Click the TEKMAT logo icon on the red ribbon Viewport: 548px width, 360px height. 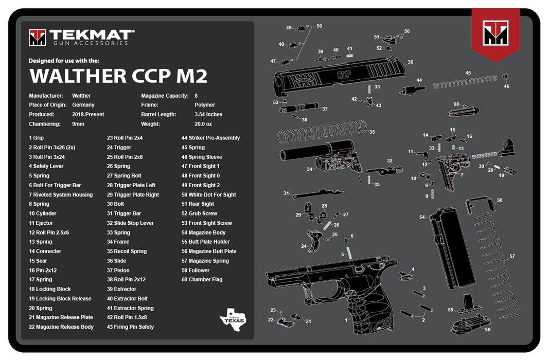click(496, 34)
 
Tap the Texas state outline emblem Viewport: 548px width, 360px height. click(233, 318)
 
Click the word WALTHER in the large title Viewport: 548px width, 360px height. click(76, 75)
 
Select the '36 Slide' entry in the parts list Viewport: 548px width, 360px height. click(116, 261)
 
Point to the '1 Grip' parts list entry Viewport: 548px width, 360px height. click(37, 138)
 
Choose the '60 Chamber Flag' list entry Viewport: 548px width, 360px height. click(202, 280)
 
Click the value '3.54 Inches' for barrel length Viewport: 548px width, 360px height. click(208, 114)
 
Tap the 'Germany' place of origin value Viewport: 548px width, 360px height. click(83, 105)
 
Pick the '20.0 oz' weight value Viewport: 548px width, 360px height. click(203, 124)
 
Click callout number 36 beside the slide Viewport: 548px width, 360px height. click(410, 62)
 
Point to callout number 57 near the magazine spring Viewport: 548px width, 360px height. click(512, 256)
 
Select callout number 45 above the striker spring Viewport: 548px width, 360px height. click(468, 73)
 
